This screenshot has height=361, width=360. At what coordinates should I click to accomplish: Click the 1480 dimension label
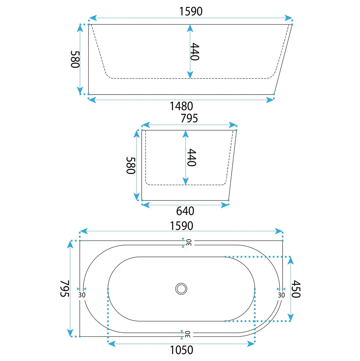181,106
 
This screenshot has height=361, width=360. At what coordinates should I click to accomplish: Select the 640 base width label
185,211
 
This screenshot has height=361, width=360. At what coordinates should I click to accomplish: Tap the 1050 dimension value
182,350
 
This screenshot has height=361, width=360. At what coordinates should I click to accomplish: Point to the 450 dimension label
296,289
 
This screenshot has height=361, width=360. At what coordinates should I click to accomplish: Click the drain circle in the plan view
181,289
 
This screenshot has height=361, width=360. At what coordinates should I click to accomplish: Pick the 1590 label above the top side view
191,11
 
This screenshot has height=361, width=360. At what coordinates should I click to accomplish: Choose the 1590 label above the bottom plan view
182,226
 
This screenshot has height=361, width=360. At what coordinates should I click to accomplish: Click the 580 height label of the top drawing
75,59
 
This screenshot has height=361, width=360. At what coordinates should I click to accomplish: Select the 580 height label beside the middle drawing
131,165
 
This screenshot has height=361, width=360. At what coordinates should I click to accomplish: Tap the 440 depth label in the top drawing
195,51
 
